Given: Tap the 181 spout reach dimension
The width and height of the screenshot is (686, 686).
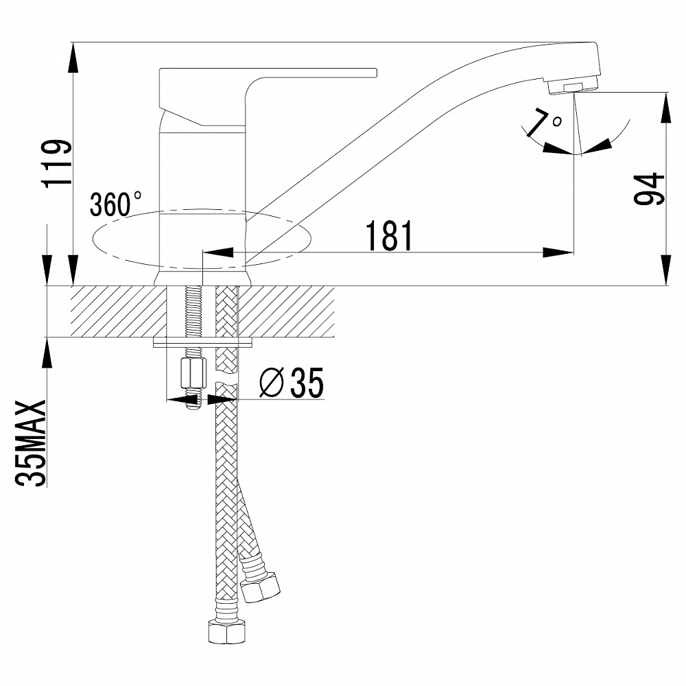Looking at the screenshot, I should pyautogui.click(x=389, y=236).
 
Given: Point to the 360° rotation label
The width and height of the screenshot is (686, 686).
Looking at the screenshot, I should pyautogui.click(x=115, y=204).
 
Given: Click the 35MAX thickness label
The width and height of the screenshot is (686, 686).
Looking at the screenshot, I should pyautogui.click(x=32, y=442).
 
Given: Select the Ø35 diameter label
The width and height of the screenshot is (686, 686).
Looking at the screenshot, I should pyautogui.click(x=291, y=383).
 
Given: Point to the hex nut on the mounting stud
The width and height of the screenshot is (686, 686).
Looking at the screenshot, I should pyautogui.click(x=192, y=373).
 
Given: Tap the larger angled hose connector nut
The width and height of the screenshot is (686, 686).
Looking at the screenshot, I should pyautogui.click(x=262, y=587).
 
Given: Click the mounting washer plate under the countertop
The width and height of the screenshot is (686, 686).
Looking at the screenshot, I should pyautogui.click(x=203, y=340).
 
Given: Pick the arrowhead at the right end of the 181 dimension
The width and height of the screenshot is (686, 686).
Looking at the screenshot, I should pyautogui.click(x=559, y=252).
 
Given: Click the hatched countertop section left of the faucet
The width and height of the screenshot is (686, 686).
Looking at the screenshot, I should pyautogui.click(x=110, y=311).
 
